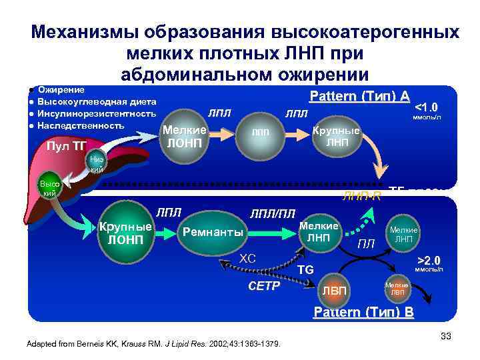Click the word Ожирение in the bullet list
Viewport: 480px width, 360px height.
[61, 89]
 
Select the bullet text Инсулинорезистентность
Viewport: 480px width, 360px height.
[97, 113]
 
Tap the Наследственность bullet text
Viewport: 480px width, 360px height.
[81, 125]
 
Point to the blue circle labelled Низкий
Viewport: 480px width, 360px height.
[96, 163]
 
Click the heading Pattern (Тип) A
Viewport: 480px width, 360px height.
[360, 96]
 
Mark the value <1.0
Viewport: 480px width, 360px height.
[426, 107]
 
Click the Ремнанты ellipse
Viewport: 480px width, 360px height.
[213, 233]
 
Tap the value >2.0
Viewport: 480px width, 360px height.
[429, 260]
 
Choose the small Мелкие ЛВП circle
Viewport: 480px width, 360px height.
[397, 289]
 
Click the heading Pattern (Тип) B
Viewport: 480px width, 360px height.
[363, 313]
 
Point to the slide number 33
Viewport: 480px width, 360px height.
[446, 335]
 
